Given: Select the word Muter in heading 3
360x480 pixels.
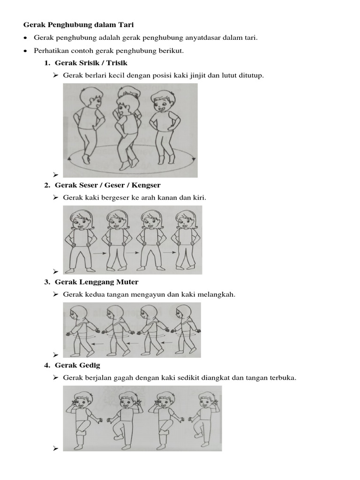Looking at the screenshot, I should tap(128, 282).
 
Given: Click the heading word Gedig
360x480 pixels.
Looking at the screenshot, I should tap(90, 365).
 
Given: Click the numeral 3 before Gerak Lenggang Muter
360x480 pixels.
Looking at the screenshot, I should tap(47, 282).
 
